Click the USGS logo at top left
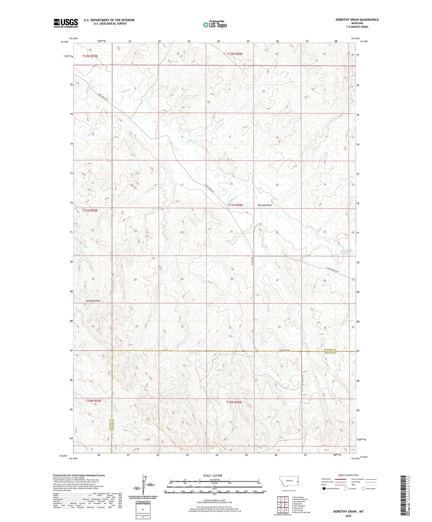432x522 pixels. click(66, 23)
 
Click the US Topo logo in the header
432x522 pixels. click(215, 25)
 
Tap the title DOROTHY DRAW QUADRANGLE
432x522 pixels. click(357, 20)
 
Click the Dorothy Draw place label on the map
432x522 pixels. click(265, 205)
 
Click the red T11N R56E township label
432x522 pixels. click(235, 205)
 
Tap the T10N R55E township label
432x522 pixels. click(94, 401)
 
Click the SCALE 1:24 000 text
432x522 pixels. click(213, 475)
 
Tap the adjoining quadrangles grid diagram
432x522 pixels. click(283, 505)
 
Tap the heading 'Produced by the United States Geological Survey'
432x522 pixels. click(79, 475)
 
